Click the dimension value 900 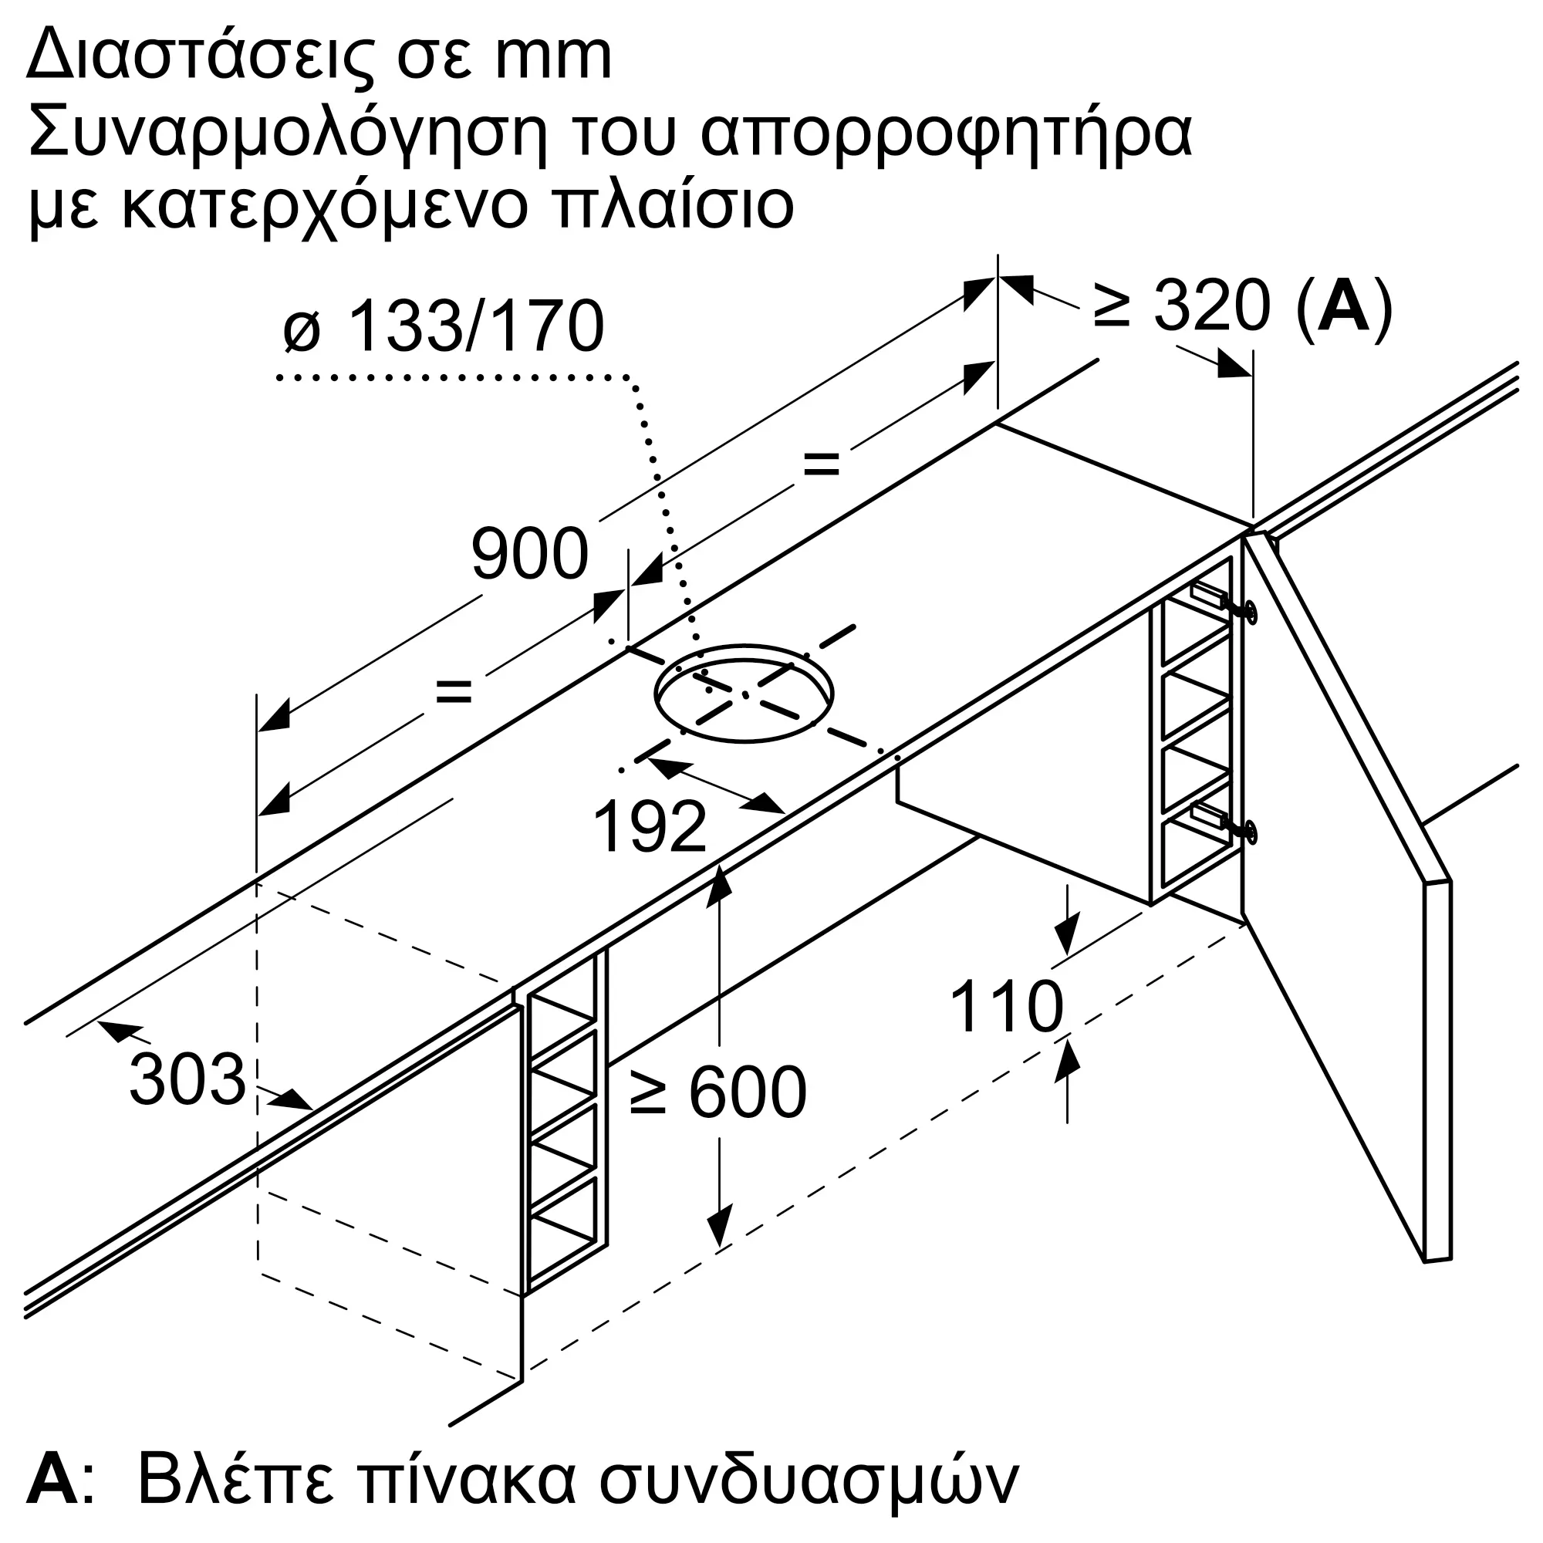529,554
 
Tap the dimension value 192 650,827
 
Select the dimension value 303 187,1080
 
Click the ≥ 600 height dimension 718,1092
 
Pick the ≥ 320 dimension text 1181,305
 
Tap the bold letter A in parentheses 1344,305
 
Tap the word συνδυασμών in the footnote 809,1481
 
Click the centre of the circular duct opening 744,694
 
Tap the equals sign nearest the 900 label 454,690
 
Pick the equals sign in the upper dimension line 822,463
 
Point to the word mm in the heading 553,59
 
